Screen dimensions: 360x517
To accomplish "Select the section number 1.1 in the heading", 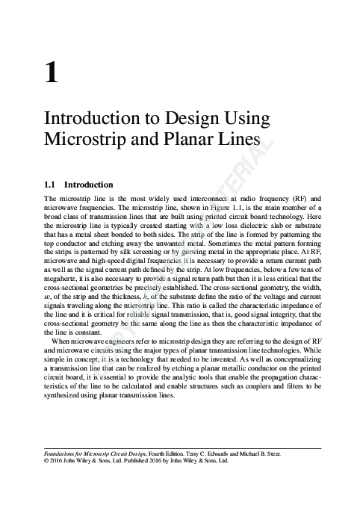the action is click(x=52, y=184).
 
